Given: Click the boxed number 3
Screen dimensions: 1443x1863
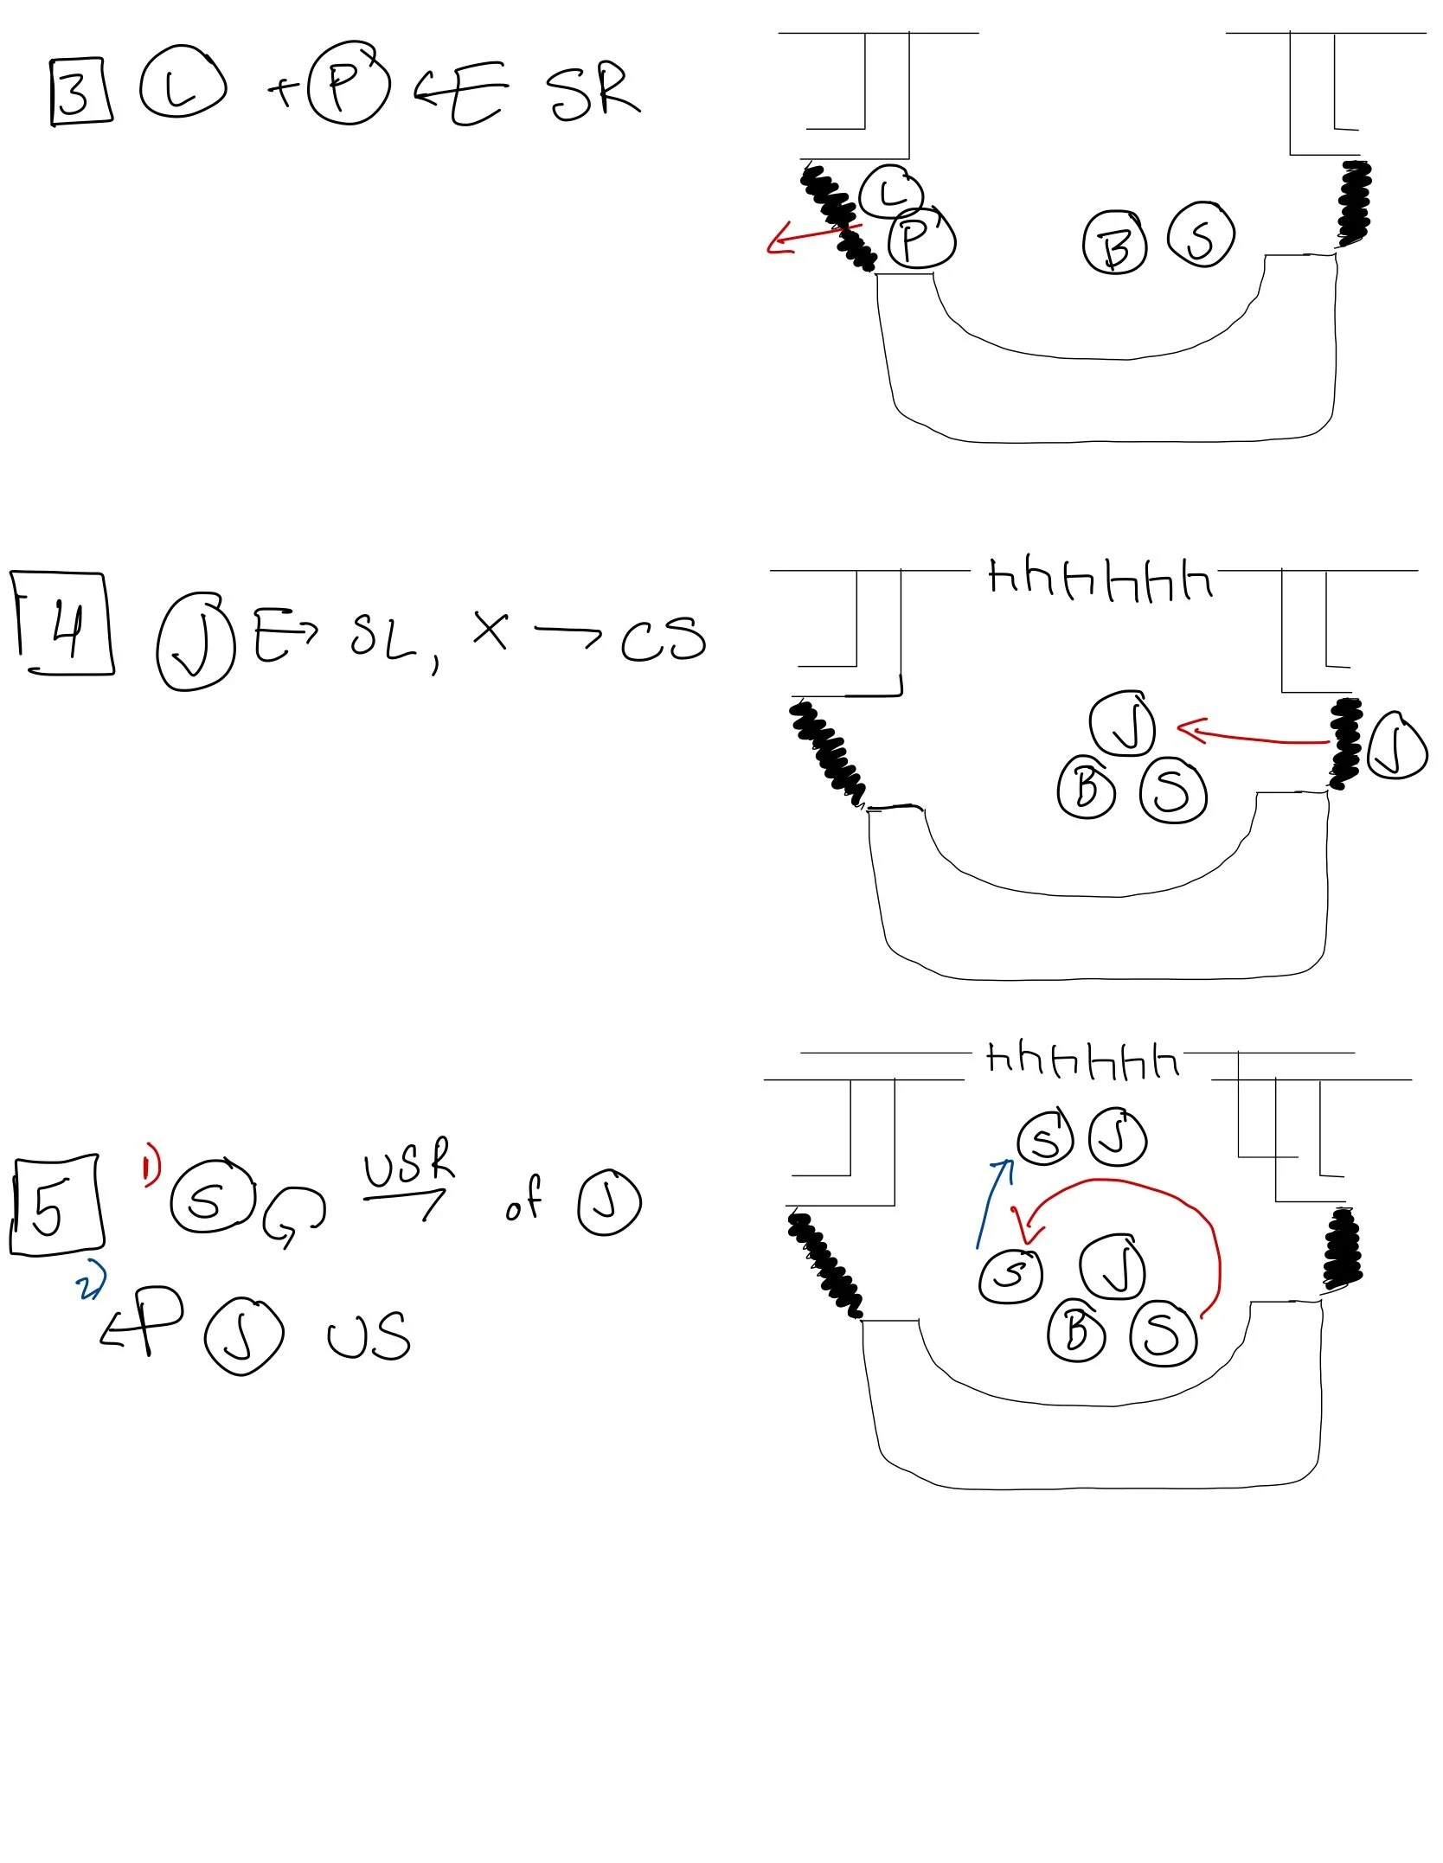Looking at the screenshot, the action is point(80,92).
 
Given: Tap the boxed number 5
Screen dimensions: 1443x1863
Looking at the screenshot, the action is point(55,1205).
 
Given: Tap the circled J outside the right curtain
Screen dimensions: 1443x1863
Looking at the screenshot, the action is point(1395,746).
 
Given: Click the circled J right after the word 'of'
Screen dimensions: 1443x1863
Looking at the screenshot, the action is point(609,1201).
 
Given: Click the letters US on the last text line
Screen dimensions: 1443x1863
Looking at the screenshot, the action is point(368,1337).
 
